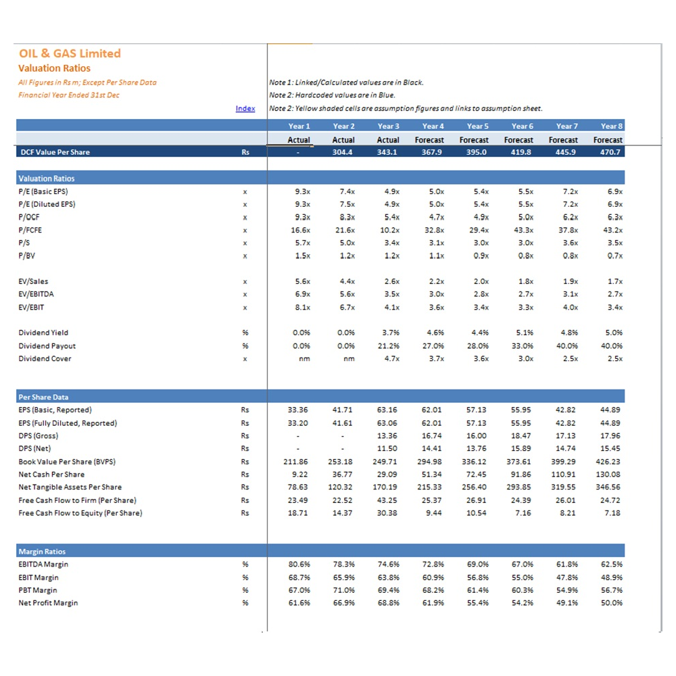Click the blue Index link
pyautogui.click(x=245, y=109)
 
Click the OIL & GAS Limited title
pyautogui.click(x=70, y=53)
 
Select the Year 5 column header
pyautogui.click(x=478, y=126)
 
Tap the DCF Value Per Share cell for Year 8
pyautogui.click(x=610, y=152)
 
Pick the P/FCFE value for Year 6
pyautogui.click(x=523, y=231)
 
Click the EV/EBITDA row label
pyautogui.click(x=37, y=295)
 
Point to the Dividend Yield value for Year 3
pyautogui.click(x=391, y=333)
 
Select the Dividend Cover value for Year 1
pyautogui.click(x=304, y=359)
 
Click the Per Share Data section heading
pyautogui.click(x=43, y=397)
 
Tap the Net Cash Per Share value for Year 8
pyautogui.click(x=608, y=475)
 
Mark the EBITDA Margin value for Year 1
pyautogui.click(x=299, y=564)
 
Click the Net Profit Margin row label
pyautogui.click(x=48, y=603)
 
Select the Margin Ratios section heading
pyautogui.click(x=42, y=552)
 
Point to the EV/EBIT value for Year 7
pyautogui.click(x=571, y=308)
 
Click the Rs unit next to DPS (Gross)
pyautogui.click(x=245, y=436)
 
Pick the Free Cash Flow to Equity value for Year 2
pyautogui.click(x=342, y=513)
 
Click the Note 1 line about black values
pyautogui.click(x=346, y=82)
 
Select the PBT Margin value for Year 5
pyautogui.click(x=478, y=590)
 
